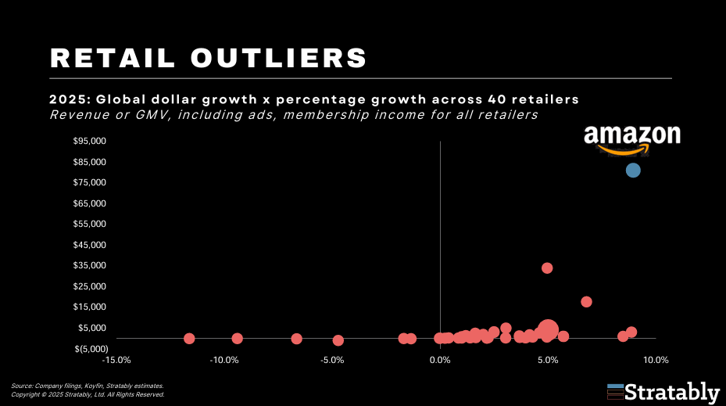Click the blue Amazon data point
pyautogui.click(x=633, y=171)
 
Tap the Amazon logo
pyautogui.click(x=631, y=138)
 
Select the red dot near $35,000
pyautogui.click(x=547, y=268)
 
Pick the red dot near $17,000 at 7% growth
pyautogui.click(x=586, y=302)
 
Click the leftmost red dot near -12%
pyautogui.click(x=189, y=338)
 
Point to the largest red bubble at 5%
pyautogui.click(x=549, y=330)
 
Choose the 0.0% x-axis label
pyautogui.click(x=440, y=361)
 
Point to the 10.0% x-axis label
pyautogui.click(x=656, y=361)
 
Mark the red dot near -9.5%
pyautogui.click(x=237, y=338)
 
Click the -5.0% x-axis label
pyautogui.click(x=332, y=361)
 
